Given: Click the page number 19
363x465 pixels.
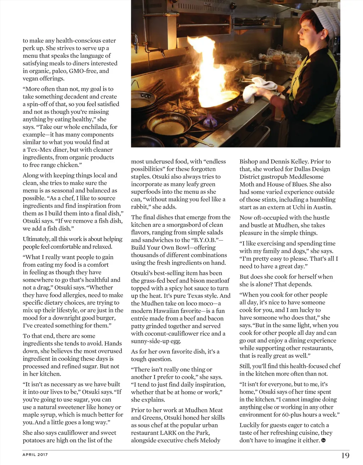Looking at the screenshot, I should (345, 455).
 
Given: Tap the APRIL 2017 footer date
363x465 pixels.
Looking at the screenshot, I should (35, 455).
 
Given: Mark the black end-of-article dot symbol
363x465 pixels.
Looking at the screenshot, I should (323, 440).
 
